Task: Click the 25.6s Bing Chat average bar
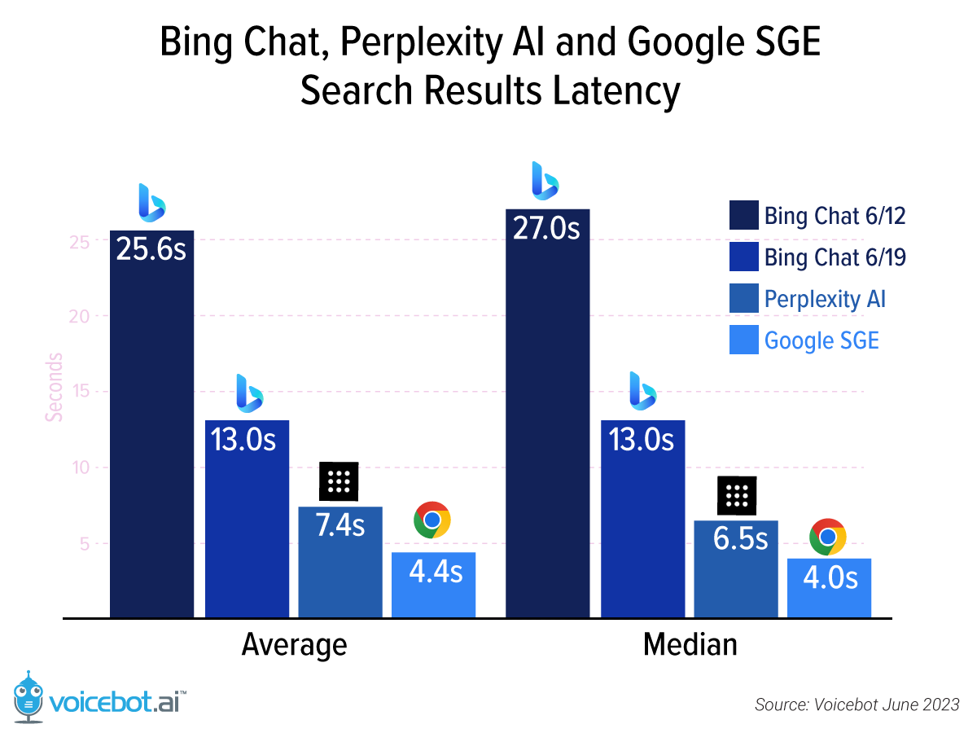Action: (151, 424)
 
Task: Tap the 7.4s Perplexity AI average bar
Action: (340, 562)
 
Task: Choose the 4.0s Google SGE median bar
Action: (829, 587)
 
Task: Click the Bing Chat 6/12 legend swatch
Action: (743, 216)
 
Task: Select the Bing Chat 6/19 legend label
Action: (835, 257)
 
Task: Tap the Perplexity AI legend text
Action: (824, 299)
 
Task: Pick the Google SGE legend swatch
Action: (743, 340)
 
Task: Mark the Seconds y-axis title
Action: (54, 387)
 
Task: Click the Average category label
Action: (294, 645)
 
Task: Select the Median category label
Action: (690, 645)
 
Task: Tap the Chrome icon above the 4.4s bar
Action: (432, 520)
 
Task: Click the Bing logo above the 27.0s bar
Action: (545, 181)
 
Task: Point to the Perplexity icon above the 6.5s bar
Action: (736, 495)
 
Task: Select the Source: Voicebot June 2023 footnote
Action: (857, 704)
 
